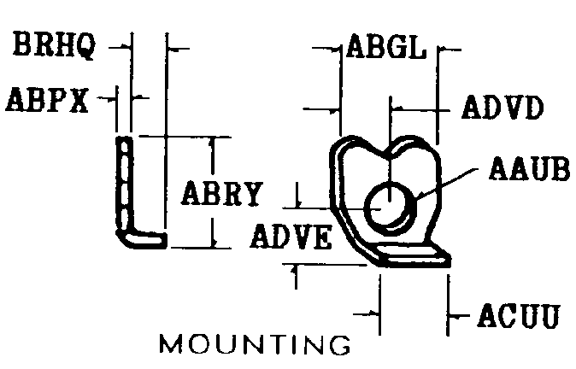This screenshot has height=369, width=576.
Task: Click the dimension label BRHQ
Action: [55, 44]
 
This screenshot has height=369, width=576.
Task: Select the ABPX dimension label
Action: [47, 99]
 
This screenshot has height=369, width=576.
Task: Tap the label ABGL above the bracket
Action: [386, 47]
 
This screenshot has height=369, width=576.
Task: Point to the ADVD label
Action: [503, 108]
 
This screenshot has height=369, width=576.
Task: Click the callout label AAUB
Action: [529, 168]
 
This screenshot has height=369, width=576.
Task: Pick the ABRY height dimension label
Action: [222, 193]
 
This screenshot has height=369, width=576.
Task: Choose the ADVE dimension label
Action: [291, 237]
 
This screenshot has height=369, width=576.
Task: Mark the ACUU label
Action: [519, 315]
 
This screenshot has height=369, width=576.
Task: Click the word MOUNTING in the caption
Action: [255, 343]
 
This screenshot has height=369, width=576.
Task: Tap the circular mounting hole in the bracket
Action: [390, 208]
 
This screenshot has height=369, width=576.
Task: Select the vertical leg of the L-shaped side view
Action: [124, 184]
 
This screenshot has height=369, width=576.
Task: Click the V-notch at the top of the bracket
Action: [389, 155]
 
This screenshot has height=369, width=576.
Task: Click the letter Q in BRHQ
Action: [85, 46]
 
